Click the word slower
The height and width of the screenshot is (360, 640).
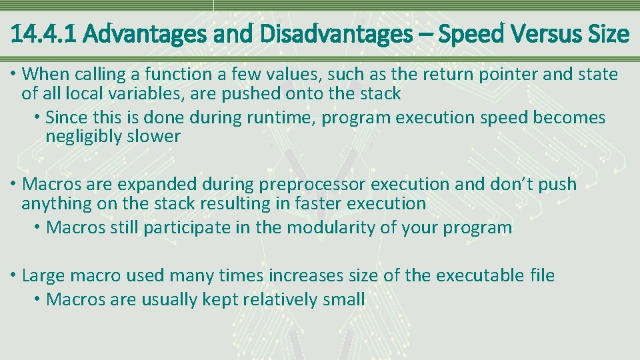point(158,137)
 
